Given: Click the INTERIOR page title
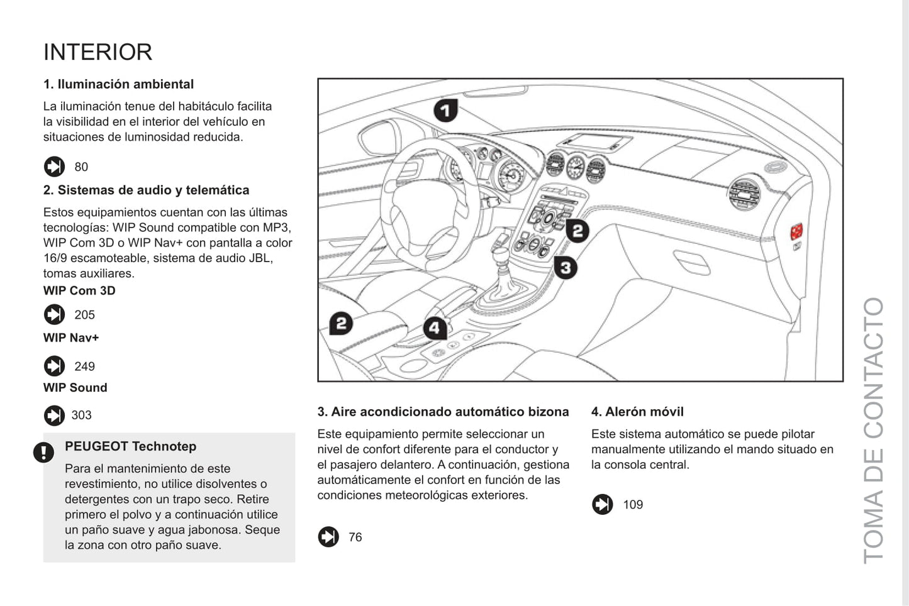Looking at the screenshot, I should point(98,52).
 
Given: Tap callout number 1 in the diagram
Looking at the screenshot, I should point(445,111).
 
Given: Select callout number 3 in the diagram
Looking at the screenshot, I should point(566,268).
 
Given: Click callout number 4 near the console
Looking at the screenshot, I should point(435,328).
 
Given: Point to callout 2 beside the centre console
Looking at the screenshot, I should point(577,231).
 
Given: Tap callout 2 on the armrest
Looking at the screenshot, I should point(341,323).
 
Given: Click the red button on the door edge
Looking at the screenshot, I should point(796,231).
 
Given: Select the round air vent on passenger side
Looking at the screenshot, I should point(744,192).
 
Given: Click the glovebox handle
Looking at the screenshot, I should point(691,262).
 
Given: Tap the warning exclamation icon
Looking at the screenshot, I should point(43,452).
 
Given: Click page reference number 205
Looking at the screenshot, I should point(84,315).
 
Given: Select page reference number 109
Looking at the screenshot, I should point(633,505).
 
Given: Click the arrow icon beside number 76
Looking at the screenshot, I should point(328,537).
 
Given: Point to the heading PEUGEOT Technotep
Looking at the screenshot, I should point(130,446).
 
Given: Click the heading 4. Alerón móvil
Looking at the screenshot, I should point(637,412).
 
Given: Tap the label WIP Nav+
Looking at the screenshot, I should point(71,338).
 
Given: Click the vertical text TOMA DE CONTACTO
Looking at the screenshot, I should point(873,430).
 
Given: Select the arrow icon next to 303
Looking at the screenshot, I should point(54,416).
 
